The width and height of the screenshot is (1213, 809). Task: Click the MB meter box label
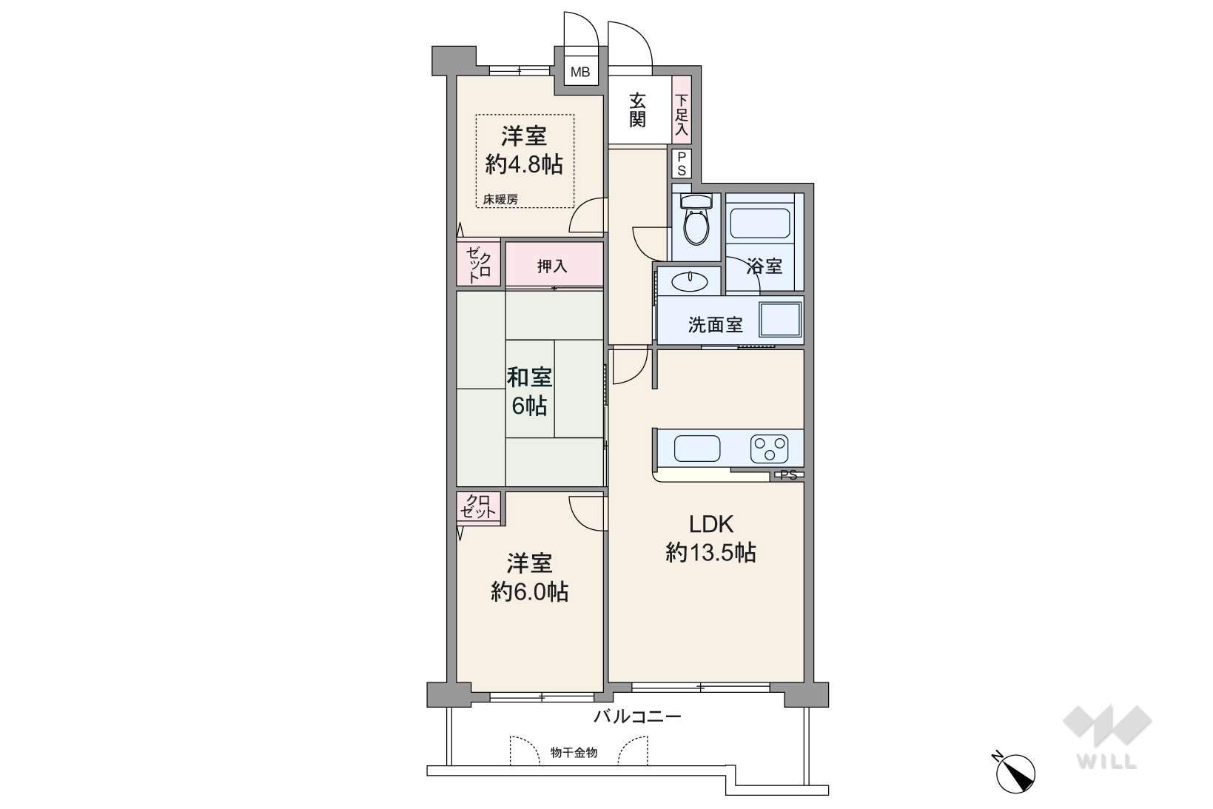580,72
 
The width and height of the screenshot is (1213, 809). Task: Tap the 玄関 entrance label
637,110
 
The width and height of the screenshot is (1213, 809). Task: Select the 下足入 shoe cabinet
681,110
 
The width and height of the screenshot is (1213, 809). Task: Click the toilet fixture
696,219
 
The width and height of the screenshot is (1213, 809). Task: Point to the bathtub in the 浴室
760,223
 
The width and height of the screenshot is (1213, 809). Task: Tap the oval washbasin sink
689,281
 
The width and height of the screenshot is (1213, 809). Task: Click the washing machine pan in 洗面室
779,319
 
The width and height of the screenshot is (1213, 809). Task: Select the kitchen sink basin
697,449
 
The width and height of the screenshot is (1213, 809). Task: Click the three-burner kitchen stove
769,449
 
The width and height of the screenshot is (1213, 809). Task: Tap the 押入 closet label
552,266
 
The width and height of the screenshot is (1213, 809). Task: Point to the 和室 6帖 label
529,392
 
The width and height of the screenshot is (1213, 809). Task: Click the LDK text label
711,524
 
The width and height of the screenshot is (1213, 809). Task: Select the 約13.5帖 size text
710,553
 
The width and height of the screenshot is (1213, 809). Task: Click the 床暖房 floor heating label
500,199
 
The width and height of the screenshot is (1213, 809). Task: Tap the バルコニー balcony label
637,716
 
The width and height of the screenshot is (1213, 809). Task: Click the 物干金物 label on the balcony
574,752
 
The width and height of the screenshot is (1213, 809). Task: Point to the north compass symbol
1014,773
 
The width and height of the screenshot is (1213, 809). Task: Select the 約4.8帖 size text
524,164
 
